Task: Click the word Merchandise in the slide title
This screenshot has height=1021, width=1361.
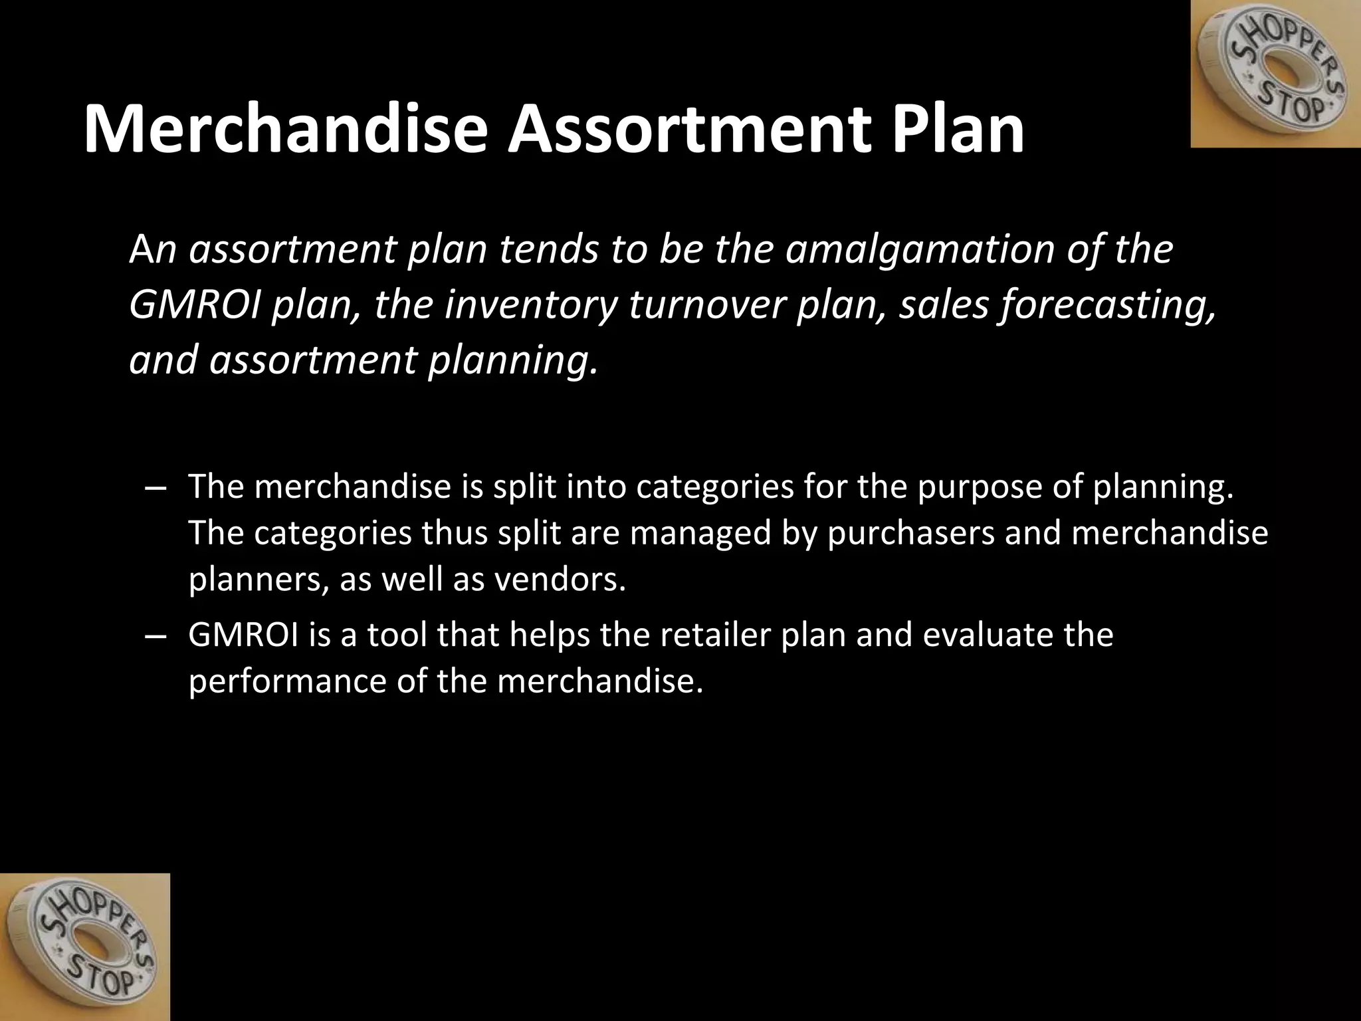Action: click(286, 130)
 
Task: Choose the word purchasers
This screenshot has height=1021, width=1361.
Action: click(910, 534)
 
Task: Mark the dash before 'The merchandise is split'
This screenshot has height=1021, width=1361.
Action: click(154, 487)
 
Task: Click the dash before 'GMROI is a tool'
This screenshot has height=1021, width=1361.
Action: click(154, 635)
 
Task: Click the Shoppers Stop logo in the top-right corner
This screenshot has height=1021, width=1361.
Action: click(1275, 74)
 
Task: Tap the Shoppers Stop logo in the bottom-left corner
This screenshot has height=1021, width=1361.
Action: click(84, 947)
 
